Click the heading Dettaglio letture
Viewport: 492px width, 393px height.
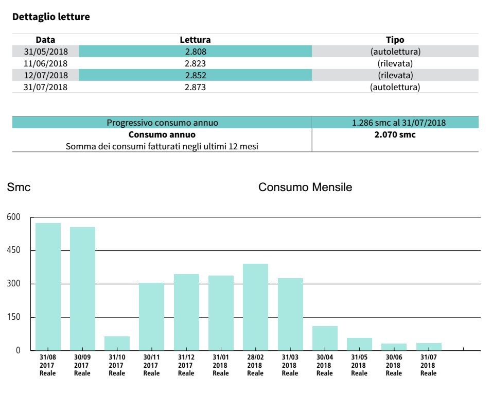coord(51,17)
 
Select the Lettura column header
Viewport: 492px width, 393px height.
coord(195,40)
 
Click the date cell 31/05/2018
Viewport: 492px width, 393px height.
coord(45,52)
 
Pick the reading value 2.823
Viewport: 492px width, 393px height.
coord(195,63)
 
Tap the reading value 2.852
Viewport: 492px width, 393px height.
coord(195,75)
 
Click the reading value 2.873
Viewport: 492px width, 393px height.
coord(195,87)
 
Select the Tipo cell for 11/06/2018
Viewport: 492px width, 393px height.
coord(395,63)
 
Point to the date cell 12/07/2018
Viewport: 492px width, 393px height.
coord(45,75)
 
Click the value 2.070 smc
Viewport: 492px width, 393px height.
coord(395,135)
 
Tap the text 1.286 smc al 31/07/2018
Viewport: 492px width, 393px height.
coord(395,123)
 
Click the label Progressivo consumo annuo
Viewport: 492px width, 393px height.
coord(162,123)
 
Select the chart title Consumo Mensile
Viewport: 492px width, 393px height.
coord(305,187)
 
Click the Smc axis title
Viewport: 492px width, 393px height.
coord(19,187)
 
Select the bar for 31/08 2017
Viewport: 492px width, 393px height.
coord(48,286)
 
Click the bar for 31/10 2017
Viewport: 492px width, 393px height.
coord(117,343)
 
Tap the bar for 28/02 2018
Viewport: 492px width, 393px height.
coord(255,307)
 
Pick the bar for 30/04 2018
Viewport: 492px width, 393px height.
coord(325,338)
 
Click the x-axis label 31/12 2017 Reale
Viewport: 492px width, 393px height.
coord(186,365)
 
